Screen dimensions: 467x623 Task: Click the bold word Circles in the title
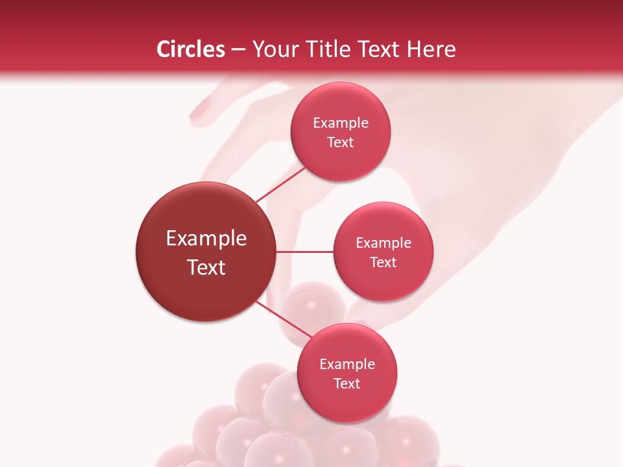click(191, 49)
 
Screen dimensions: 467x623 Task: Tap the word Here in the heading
click(432, 49)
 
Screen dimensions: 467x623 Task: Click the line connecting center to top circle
click(280, 184)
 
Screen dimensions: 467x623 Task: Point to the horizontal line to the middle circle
click(305, 252)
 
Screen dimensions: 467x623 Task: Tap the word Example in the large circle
click(206, 239)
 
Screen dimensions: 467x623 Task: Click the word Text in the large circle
click(206, 267)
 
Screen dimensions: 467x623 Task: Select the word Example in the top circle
click(341, 123)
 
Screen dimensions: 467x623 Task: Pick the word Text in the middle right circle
click(383, 262)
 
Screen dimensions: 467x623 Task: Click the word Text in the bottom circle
click(347, 383)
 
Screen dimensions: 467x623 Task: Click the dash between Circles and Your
click(238, 50)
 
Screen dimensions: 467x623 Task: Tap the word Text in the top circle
click(340, 143)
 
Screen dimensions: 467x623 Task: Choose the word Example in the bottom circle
click(347, 365)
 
